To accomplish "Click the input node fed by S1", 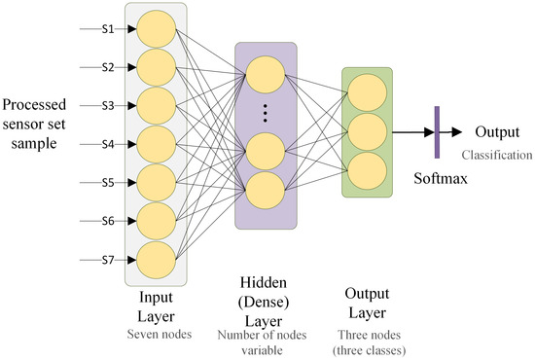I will coord(155,29).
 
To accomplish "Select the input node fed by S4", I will coord(155,144).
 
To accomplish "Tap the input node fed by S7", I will coord(155,259).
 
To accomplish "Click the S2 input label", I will coord(109,67).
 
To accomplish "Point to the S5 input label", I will coord(109,182).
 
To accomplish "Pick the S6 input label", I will coord(109,221).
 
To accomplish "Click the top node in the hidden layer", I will coord(265,74).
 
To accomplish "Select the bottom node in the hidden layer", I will coord(265,189).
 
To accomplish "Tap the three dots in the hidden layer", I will coord(265,113).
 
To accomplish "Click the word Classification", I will coord(496,154).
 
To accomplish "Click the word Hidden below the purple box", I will coord(265,281).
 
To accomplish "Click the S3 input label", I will coord(109,105).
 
